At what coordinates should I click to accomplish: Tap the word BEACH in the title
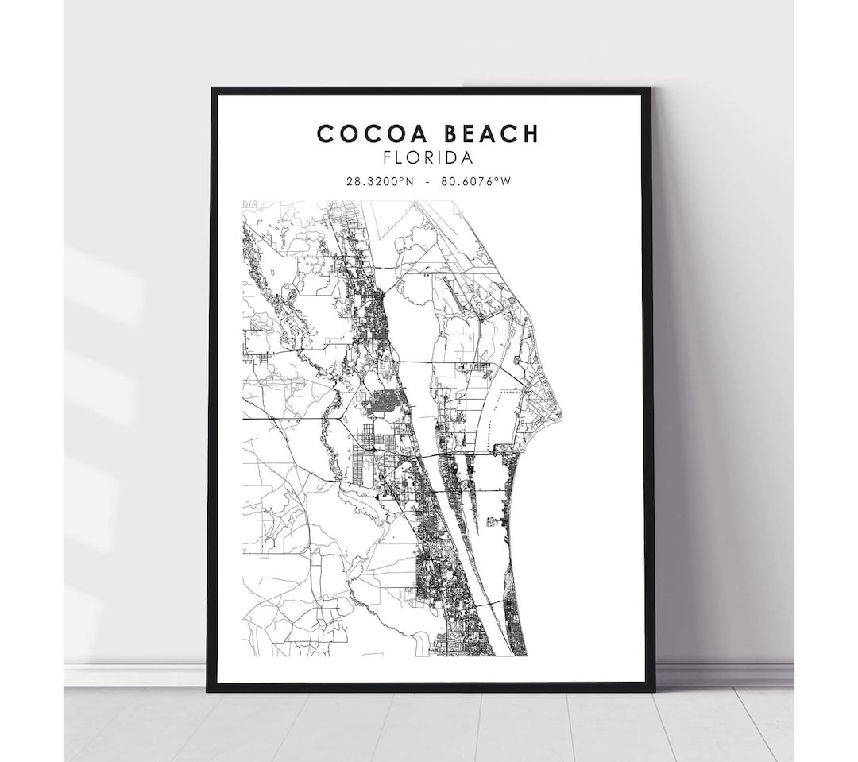click(485, 133)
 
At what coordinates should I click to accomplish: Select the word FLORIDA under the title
click(427, 159)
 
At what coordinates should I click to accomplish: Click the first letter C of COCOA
click(325, 133)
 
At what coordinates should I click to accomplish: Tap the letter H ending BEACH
click(529, 133)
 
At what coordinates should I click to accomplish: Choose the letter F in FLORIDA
click(387, 159)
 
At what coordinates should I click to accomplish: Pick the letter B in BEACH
click(439, 133)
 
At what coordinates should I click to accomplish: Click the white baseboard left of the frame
click(135, 675)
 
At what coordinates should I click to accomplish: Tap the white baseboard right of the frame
click(723, 675)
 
